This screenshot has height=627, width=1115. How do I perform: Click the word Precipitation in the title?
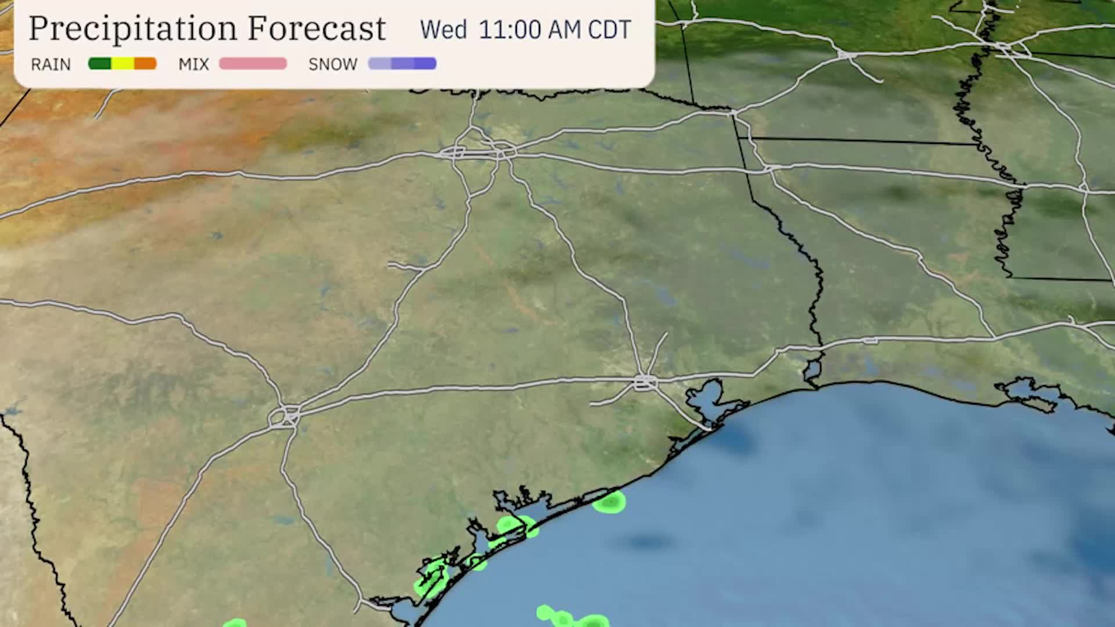(133, 28)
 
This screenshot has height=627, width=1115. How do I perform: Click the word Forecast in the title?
(316, 28)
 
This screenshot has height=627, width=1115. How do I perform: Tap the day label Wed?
(443, 30)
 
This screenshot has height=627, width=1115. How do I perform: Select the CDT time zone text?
(609, 30)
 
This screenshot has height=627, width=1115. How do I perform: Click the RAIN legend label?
(51, 64)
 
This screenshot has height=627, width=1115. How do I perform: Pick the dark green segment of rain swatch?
(99, 63)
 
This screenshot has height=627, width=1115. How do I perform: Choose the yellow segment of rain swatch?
(123, 63)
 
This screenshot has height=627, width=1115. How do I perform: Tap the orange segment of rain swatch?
(145, 63)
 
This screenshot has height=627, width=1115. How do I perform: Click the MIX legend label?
(193, 64)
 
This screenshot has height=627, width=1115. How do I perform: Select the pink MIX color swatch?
(253, 63)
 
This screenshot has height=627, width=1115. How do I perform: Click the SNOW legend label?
(333, 64)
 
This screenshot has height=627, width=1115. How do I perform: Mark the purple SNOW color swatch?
(402, 63)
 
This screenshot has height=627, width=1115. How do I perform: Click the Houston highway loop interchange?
(645, 382)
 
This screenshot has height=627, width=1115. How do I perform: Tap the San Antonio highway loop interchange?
(285, 416)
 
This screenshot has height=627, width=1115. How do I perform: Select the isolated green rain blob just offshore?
(609, 502)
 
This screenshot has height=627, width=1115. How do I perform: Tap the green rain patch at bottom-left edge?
(235, 624)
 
